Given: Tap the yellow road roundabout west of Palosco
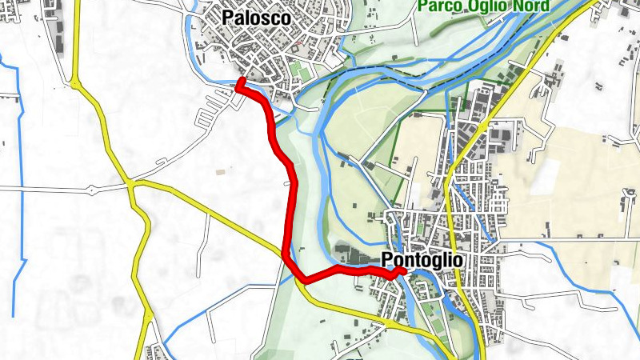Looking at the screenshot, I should tap(74, 82).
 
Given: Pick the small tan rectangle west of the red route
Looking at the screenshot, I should tap(220, 170).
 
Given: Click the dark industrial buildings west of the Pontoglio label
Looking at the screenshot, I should tap(352, 253).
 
